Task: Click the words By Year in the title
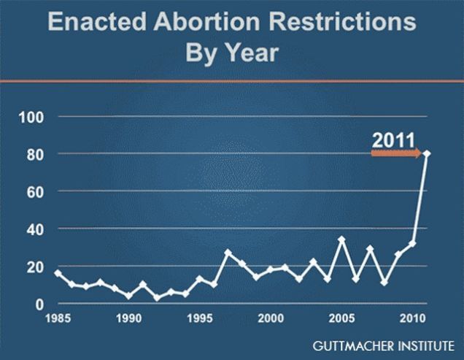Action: [x=232, y=53]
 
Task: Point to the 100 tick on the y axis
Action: [x=33, y=117]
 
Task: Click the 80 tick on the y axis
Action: [x=36, y=154]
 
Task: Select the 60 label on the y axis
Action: [x=36, y=191]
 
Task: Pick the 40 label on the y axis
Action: [x=36, y=229]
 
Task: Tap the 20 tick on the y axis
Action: [x=36, y=267]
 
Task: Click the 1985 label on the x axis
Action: [x=58, y=318]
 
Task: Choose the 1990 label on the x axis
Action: [x=128, y=318]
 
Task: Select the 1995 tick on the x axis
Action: [x=199, y=318]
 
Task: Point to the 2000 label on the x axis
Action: [x=271, y=318]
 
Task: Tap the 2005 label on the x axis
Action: [x=341, y=318]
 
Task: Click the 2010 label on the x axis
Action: [x=412, y=318]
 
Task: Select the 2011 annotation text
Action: [x=393, y=139]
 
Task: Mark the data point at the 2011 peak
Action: [x=427, y=153]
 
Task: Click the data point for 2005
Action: [x=341, y=240]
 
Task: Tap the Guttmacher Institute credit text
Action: [x=384, y=344]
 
